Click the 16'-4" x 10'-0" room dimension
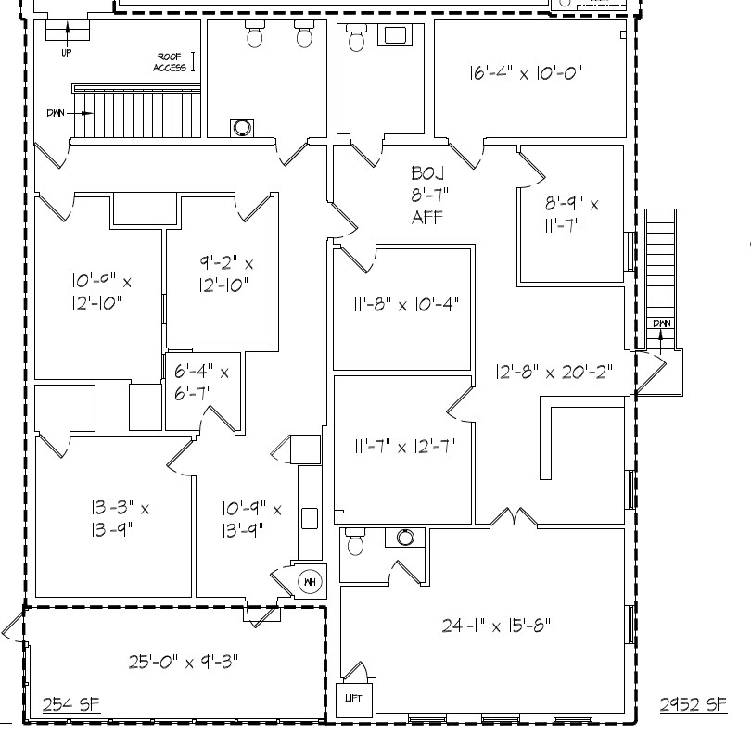[x=525, y=72]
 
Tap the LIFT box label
[x=354, y=698]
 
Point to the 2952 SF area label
[x=693, y=705]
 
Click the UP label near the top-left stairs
[x=66, y=53]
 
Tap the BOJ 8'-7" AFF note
[x=427, y=195]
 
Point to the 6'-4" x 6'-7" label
[x=201, y=381]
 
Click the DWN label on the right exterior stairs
[x=661, y=323]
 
